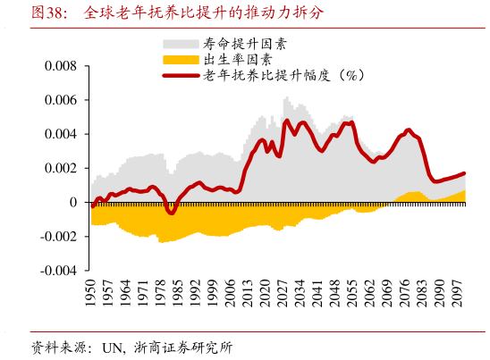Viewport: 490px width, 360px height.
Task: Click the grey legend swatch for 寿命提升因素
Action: pyautogui.click(x=181, y=43)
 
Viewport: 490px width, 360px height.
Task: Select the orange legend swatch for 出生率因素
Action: pyautogui.click(x=181, y=59)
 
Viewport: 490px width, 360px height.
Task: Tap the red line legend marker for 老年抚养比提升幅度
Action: pyautogui.click(x=181, y=75)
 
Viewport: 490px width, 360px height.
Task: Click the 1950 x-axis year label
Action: pyautogui.click(x=91, y=293)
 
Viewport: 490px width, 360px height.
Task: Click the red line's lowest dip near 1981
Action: pyautogui.click(x=171, y=213)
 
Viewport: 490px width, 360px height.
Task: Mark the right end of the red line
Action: pyautogui.click(x=465, y=173)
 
